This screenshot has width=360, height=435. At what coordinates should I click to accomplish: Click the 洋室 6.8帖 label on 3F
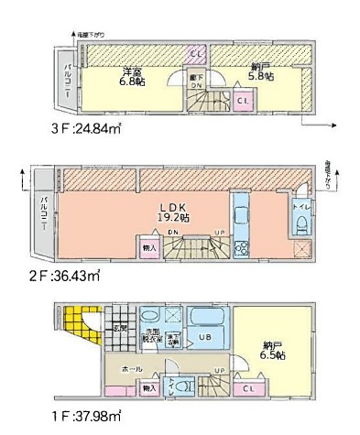tap(136, 77)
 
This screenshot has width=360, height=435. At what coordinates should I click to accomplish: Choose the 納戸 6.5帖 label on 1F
tap(271, 348)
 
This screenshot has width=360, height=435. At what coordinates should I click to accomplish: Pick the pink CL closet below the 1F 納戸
tap(248, 389)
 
